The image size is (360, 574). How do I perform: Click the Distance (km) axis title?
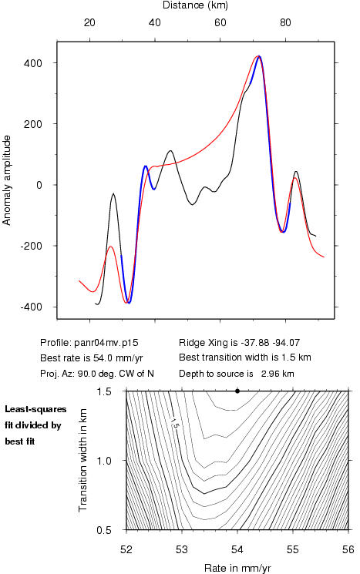pyautogui.click(x=195, y=5)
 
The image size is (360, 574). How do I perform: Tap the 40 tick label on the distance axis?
pyautogui.click(x=154, y=22)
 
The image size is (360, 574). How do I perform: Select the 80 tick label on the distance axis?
pyautogui.click(x=285, y=22)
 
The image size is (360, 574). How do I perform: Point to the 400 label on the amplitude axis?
pyautogui.click(x=33, y=63)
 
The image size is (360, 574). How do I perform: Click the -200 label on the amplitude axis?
pyautogui.click(x=32, y=246)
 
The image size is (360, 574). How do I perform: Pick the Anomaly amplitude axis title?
pyautogui.click(x=7, y=180)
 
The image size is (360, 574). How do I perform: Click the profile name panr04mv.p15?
pyautogui.click(x=106, y=343)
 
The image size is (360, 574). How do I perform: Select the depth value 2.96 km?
pyautogui.click(x=278, y=374)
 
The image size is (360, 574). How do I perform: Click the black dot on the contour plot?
pyautogui.click(x=237, y=391)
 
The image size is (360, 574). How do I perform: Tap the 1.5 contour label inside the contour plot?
pyautogui.click(x=175, y=424)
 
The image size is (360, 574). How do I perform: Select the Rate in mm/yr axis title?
pyautogui.click(x=237, y=568)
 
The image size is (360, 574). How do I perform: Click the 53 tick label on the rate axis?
pyautogui.click(x=182, y=549)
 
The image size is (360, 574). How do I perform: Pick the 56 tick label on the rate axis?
pyautogui.click(x=348, y=549)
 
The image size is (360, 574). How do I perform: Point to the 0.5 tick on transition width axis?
pyautogui.click(x=104, y=530)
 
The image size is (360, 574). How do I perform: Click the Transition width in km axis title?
pyautogui.click(x=83, y=460)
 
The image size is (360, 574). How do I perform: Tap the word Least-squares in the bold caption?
pyautogui.click(x=35, y=409)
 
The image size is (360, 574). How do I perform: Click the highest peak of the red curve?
pyautogui.click(x=257, y=56)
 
